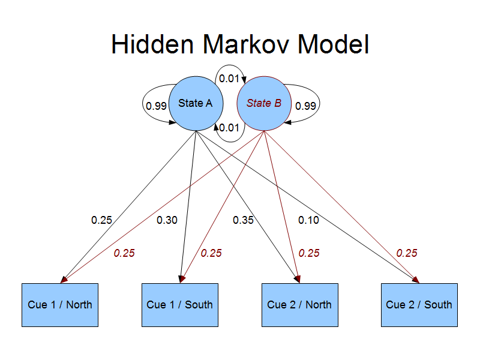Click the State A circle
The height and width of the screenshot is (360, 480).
click(196, 103)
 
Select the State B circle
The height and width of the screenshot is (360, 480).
click(264, 103)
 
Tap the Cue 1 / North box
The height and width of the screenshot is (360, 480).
click(60, 305)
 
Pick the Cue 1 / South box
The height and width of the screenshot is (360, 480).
click(180, 305)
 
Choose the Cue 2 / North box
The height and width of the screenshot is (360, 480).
click(300, 305)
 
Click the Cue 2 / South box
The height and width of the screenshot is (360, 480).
click(419, 305)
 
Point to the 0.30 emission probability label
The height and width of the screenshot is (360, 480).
click(167, 220)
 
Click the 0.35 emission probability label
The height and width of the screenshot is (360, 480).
click(243, 220)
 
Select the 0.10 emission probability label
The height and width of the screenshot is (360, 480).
click(308, 220)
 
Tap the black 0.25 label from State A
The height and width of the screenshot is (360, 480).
click(101, 220)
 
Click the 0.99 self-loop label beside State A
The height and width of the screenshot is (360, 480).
click(156, 106)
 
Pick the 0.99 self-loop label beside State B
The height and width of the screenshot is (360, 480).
click(305, 106)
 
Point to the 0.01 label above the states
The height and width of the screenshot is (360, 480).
click(229, 79)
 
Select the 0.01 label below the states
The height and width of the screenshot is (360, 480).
click(229, 128)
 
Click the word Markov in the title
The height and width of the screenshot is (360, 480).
click(245, 44)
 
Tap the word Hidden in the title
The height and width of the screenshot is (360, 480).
click(152, 44)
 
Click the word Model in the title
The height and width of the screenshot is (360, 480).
click(334, 44)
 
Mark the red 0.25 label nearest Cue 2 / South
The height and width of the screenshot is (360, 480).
click(407, 253)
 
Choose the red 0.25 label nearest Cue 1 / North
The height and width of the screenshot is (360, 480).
click(124, 253)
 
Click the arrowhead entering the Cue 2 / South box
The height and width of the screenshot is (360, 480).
click(416, 280)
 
